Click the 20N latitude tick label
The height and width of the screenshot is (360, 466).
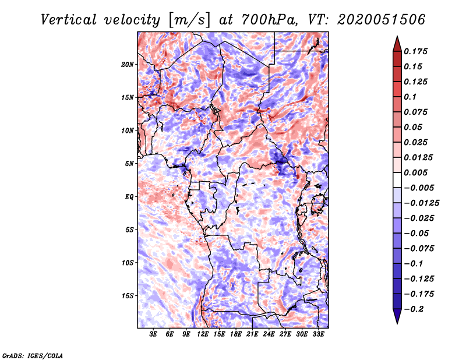128,65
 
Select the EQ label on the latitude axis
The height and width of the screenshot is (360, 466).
129,197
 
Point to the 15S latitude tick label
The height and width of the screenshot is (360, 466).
128,296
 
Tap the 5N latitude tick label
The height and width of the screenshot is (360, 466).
129,164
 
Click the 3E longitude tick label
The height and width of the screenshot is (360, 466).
153,334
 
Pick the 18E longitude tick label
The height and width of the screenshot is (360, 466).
236,334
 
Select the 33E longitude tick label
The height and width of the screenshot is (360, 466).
318,334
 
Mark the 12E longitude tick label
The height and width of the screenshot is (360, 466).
203,334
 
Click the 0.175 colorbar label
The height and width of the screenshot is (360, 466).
415,51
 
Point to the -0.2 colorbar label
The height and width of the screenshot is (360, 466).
414,309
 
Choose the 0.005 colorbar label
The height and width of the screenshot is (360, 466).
415,172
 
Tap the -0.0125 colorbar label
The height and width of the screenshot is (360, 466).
421,203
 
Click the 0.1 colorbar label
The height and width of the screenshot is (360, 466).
410,97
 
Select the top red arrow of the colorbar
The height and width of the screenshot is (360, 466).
397,44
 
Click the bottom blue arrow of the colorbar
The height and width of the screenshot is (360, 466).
397,316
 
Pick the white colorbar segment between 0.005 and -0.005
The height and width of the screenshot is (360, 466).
397,180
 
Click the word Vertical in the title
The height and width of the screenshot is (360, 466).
69,20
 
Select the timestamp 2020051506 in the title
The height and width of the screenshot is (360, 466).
382,20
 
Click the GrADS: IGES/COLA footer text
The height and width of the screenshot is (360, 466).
33,355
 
